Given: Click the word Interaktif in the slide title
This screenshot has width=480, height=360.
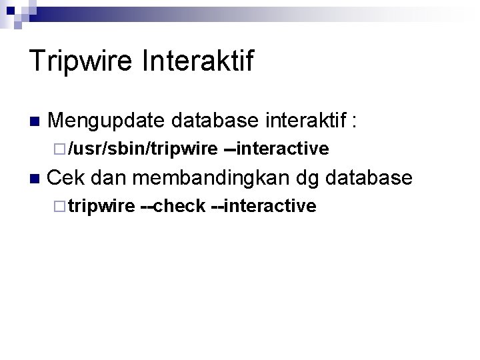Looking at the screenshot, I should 197,61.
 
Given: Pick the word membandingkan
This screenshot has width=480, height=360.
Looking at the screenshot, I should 211,178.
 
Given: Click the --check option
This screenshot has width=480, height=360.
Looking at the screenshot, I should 172,207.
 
